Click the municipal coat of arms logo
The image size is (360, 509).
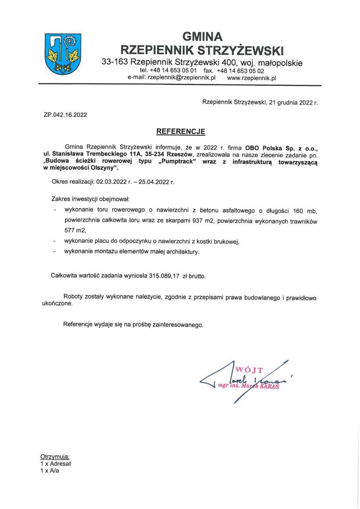[x=62, y=54]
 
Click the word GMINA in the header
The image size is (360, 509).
[x=202, y=36]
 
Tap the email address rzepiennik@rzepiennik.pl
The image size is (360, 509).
[x=181, y=78]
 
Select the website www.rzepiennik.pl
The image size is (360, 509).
[x=251, y=78]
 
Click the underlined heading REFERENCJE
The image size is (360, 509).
[x=181, y=131]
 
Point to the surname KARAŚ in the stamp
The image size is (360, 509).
[x=267, y=386]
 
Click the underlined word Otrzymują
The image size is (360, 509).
[x=55, y=457]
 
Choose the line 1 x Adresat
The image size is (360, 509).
[x=56, y=463]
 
